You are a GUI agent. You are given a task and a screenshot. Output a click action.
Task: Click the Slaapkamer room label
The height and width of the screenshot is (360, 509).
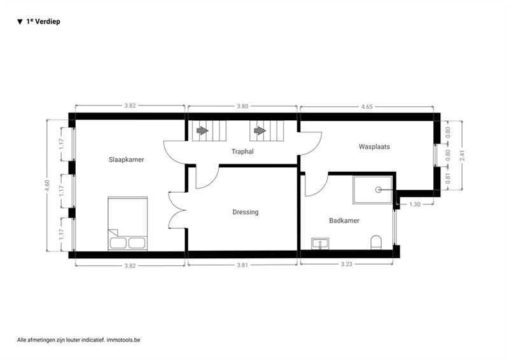coord(126,160)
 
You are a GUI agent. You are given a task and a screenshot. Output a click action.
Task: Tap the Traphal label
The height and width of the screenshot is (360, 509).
coord(242,151)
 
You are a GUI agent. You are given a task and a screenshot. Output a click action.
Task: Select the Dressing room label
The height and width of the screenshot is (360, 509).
coord(246,212)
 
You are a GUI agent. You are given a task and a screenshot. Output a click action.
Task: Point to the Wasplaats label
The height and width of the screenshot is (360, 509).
coord(374,146)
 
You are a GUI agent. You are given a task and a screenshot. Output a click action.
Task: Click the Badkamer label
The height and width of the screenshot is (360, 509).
coord(344,221)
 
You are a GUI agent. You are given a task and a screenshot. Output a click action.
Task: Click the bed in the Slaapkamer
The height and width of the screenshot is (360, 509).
coord(128,223)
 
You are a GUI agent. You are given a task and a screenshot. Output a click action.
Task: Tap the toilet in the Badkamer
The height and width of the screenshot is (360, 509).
coord(376,242)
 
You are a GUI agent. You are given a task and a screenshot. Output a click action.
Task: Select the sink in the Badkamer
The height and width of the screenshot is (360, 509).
coord(320,244)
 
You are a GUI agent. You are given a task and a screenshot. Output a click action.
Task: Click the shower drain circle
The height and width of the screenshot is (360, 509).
coord(379,190)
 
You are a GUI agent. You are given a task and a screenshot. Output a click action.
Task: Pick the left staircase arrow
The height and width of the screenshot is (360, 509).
coord(202,130)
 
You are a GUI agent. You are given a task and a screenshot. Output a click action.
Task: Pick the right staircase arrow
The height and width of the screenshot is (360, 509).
coord(260,130)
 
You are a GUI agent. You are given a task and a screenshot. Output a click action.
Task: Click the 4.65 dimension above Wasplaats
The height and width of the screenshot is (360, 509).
coord(367,106)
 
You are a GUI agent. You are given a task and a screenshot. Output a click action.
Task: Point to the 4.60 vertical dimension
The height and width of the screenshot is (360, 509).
coord(47,185)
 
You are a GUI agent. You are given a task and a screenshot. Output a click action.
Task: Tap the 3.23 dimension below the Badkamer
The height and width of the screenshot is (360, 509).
coord(346,264)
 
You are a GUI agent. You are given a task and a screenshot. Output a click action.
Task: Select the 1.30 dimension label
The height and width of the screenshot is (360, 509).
coord(415,204)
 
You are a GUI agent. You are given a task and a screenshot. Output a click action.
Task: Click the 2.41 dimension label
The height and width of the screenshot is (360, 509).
coord(463,155)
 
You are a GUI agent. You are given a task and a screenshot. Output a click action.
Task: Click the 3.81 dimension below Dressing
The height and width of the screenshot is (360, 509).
coord(242,265)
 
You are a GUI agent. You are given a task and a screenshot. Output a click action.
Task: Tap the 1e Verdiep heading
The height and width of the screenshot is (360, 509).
coord(43,22)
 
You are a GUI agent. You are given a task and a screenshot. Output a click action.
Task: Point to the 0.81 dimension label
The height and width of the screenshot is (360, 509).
coord(448,178)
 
